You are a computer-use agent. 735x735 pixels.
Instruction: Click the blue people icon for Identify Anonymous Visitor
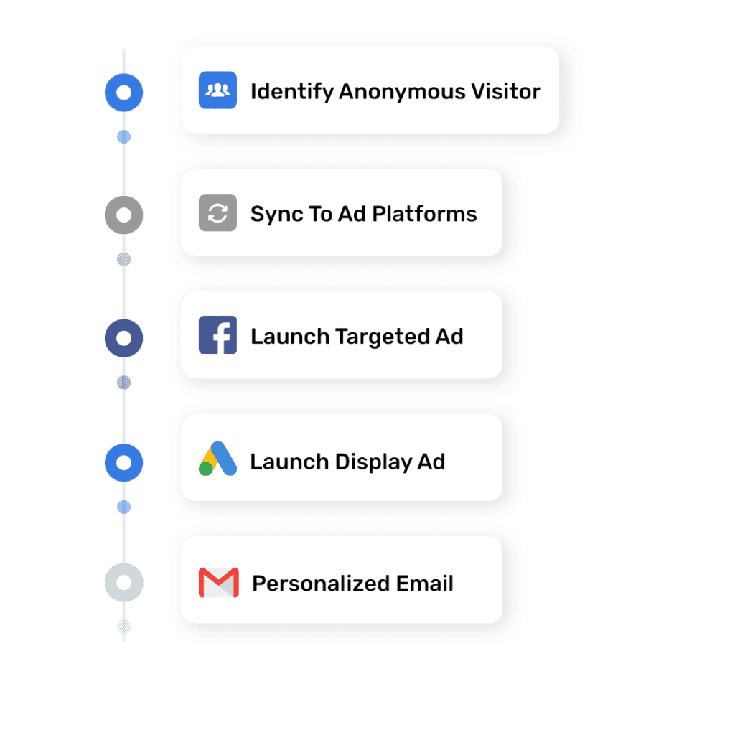pyautogui.click(x=217, y=90)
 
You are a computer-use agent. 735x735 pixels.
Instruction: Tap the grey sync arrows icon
pyautogui.click(x=217, y=213)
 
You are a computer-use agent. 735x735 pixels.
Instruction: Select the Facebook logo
pyautogui.click(x=217, y=335)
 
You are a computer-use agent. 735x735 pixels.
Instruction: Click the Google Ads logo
pyautogui.click(x=217, y=459)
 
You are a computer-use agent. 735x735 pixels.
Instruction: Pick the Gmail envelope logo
pyautogui.click(x=218, y=582)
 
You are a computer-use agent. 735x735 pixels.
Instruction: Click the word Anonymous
pyautogui.click(x=401, y=92)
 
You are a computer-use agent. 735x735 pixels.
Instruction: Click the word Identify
pyautogui.click(x=291, y=92)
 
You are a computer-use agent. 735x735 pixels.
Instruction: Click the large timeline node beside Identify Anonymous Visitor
pyautogui.click(x=124, y=92)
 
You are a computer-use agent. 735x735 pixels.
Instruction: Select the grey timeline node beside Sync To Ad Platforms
pyautogui.click(x=124, y=215)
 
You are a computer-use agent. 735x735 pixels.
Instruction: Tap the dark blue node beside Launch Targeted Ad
pyautogui.click(x=124, y=337)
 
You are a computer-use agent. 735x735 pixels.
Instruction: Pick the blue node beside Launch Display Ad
pyautogui.click(x=124, y=462)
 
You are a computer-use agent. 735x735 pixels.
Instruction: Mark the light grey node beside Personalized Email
pyautogui.click(x=124, y=583)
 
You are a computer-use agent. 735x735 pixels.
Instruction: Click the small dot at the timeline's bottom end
pyautogui.click(x=124, y=627)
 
